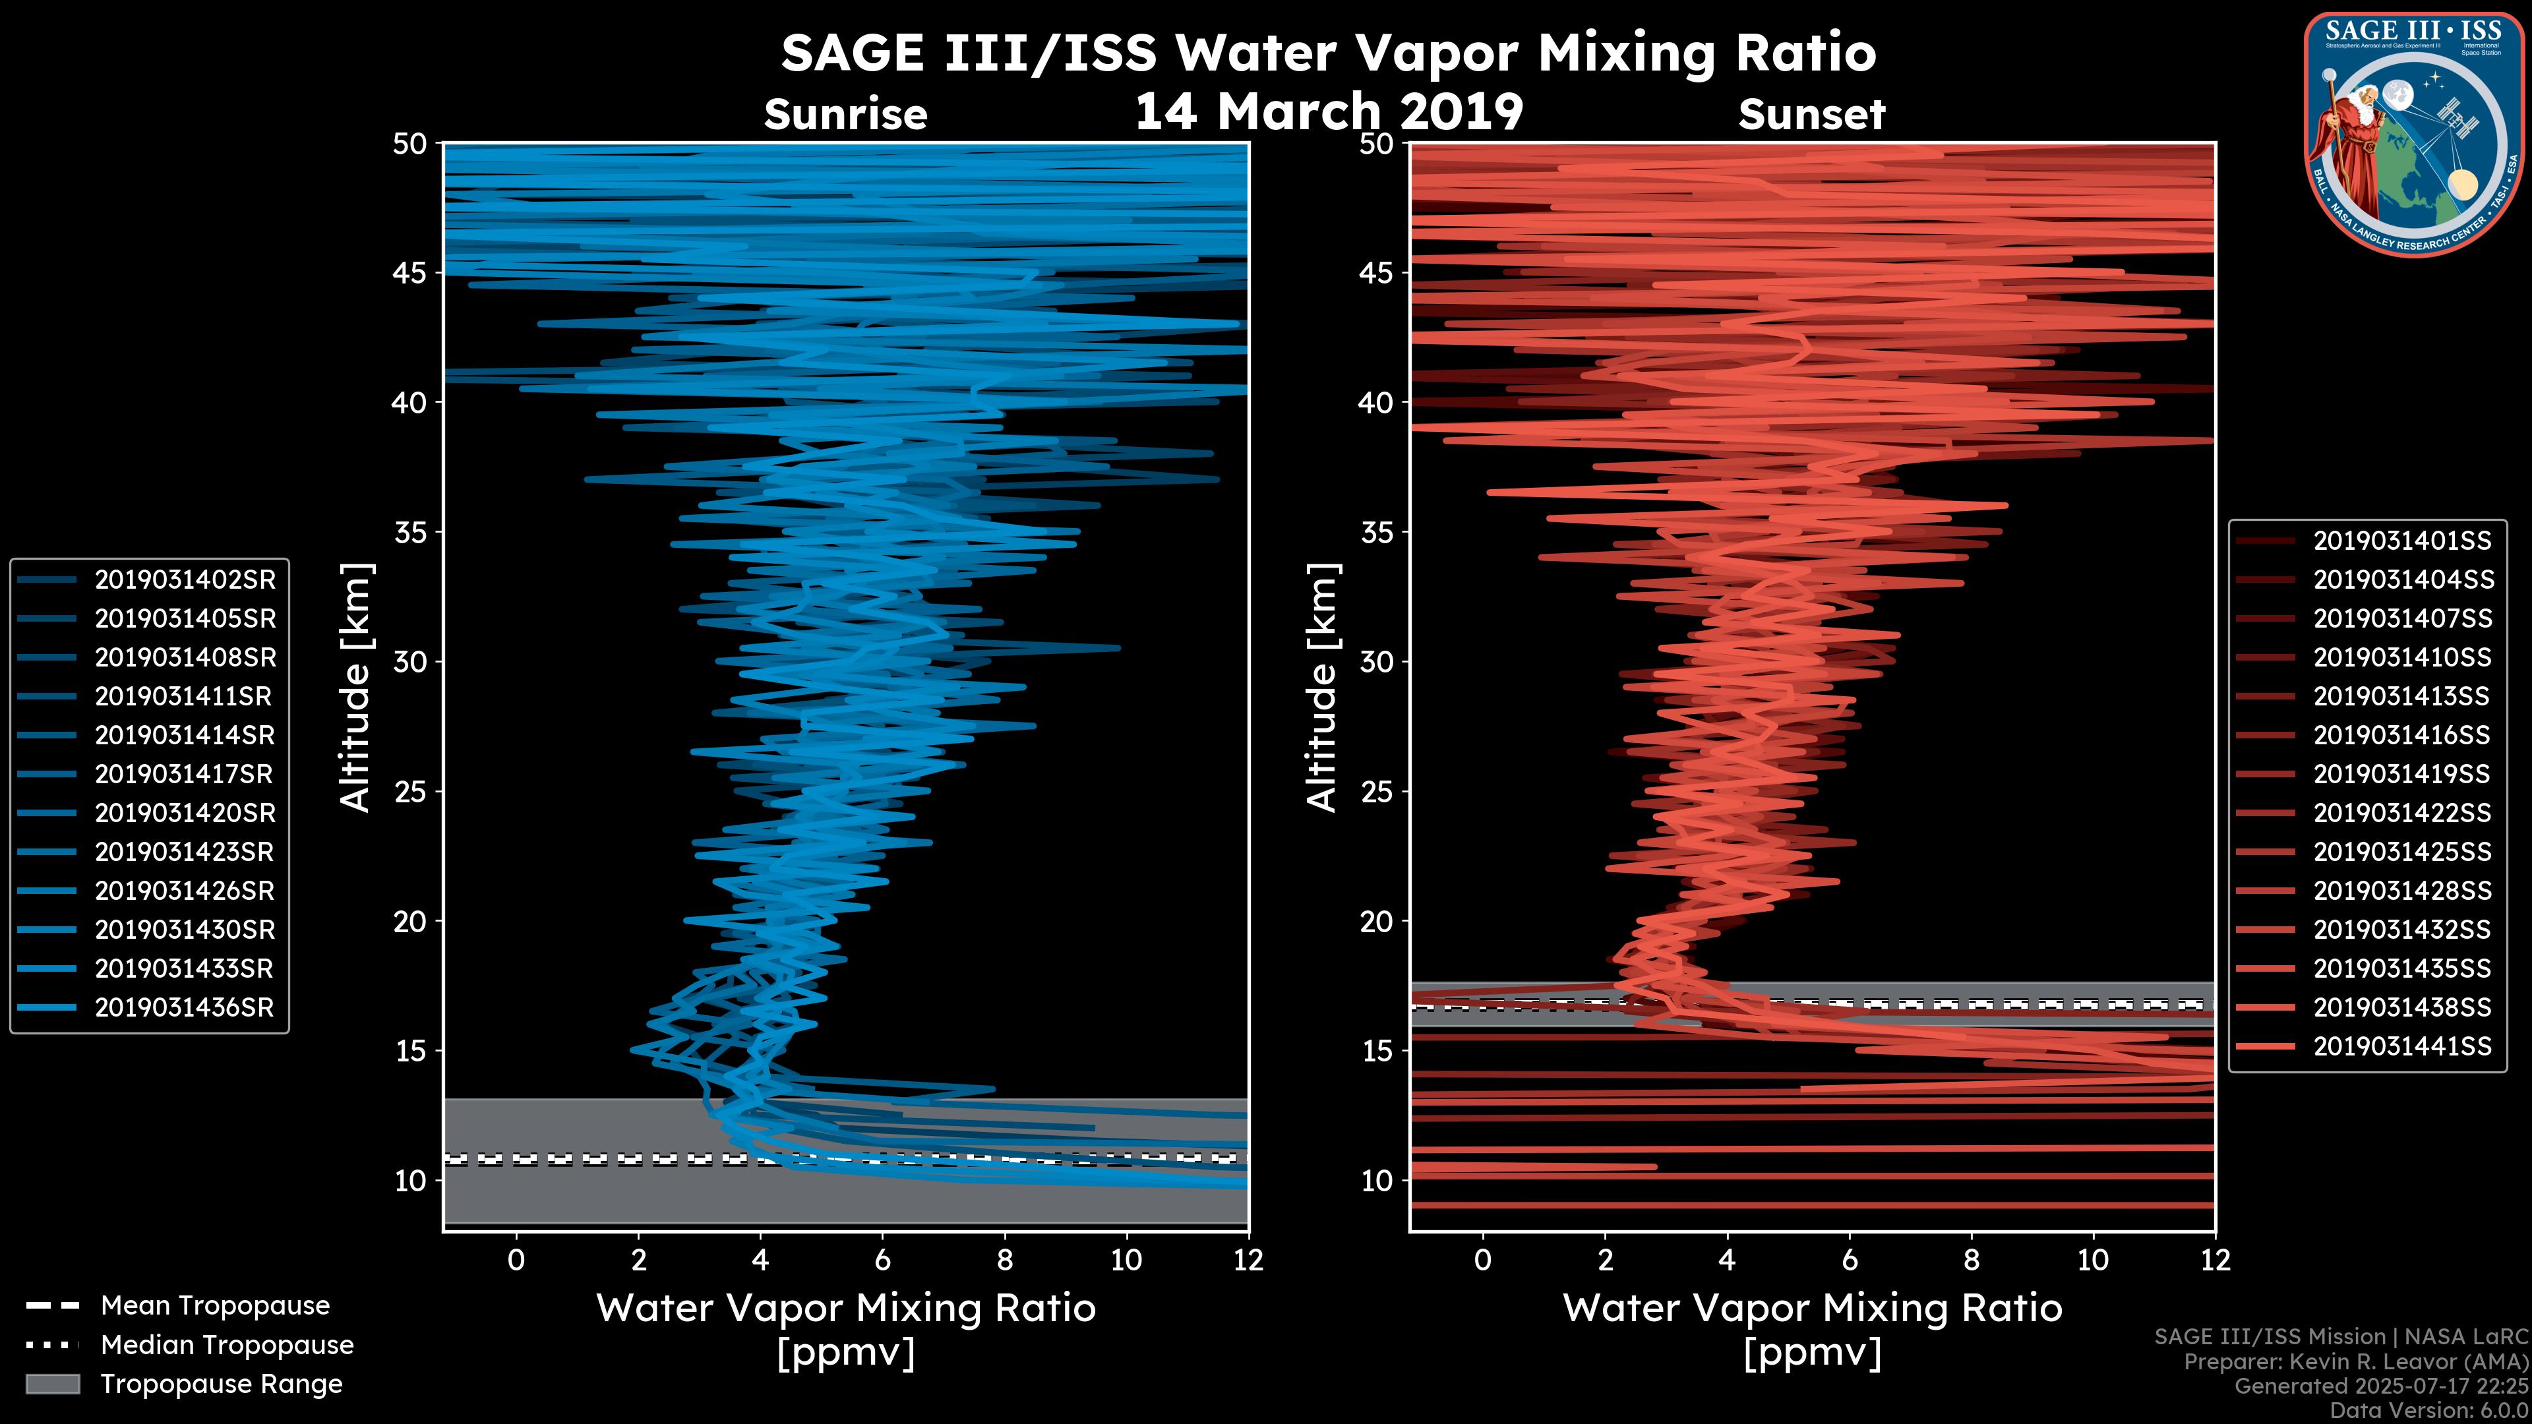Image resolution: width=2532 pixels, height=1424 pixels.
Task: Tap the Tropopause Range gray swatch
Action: [53, 1384]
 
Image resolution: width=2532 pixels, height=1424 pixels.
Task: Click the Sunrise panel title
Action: [845, 115]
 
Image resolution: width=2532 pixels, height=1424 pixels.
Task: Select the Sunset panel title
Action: [1811, 115]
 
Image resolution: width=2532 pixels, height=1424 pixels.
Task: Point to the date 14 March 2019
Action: [1329, 111]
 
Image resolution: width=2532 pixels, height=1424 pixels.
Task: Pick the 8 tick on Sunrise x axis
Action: [1004, 1260]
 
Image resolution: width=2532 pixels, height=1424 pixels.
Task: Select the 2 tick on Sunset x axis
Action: [1605, 1260]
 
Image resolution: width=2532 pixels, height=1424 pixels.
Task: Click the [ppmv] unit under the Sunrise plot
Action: [845, 1353]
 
